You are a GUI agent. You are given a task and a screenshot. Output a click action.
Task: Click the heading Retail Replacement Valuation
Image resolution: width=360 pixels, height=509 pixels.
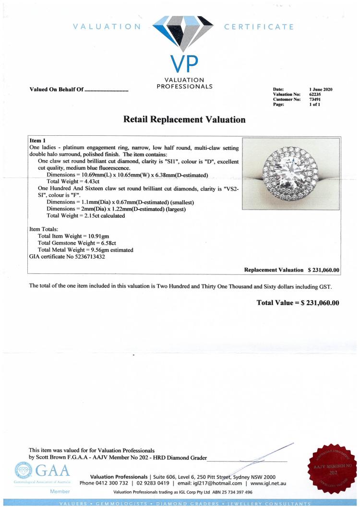click(x=184, y=119)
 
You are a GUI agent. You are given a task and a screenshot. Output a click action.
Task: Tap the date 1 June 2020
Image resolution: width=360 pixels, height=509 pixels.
click(x=321, y=90)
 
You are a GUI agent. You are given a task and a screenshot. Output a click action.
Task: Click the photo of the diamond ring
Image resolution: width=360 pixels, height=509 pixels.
click(x=291, y=174)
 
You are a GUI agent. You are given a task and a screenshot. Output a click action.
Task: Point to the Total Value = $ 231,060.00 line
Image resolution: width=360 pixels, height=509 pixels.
click(x=298, y=303)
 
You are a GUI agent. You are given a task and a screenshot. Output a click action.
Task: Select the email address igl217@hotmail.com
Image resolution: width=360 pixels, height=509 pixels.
click(x=218, y=483)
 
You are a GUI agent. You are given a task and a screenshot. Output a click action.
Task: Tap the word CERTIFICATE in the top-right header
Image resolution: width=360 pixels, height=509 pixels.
click(x=259, y=26)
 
